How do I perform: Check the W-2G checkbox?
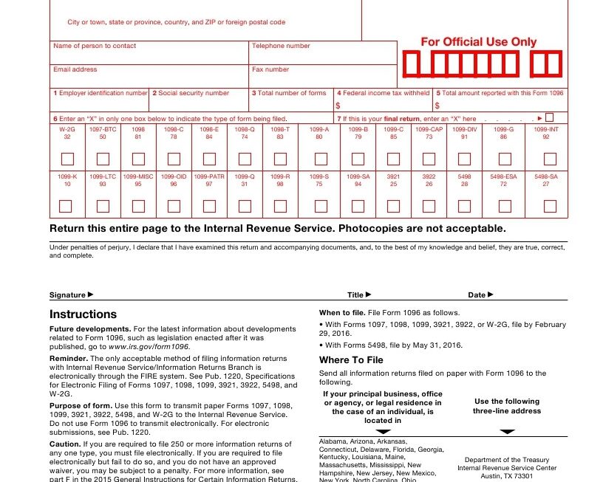pos(67,159)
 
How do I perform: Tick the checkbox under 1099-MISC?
pos(138,206)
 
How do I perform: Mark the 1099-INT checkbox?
pos(550,159)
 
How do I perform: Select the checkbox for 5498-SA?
pos(550,206)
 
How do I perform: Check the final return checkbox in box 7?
pos(549,117)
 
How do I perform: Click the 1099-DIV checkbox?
pos(464,159)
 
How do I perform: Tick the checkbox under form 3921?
pos(393,206)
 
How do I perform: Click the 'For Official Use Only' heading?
pos(479,42)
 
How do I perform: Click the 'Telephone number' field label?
pos(281,46)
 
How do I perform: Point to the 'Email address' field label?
pos(75,69)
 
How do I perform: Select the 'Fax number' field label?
pos(270,69)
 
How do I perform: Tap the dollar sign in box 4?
pos(338,106)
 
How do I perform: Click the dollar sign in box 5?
pos(437,106)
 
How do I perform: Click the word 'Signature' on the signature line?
pos(67,295)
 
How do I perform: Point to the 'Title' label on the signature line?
pos(355,295)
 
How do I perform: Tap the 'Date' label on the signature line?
pos(477,295)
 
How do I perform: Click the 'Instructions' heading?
pos(83,314)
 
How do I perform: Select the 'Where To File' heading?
pos(351,360)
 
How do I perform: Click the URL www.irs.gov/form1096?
pos(149,346)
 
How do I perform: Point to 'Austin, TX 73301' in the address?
pos(506,476)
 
